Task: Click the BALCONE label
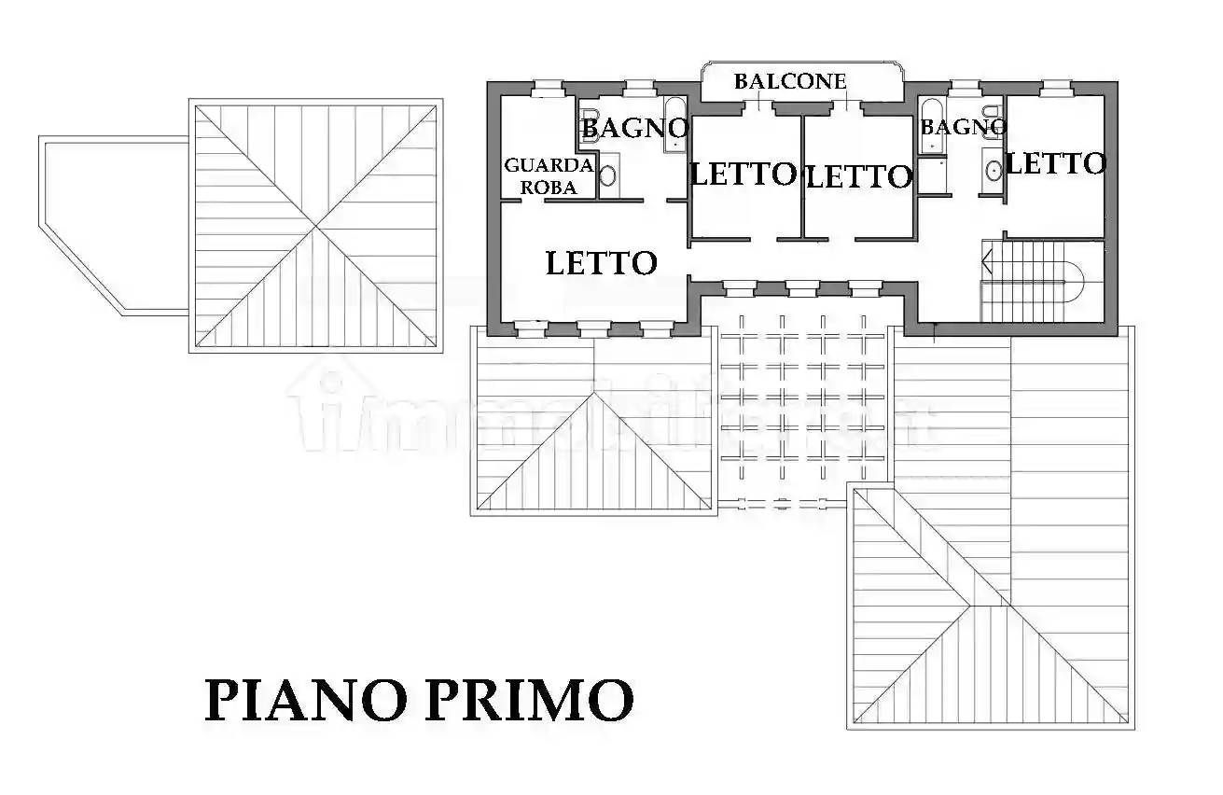(x=790, y=81)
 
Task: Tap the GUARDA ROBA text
(x=549, y=176)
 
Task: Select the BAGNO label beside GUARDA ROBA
(x=635, y=127)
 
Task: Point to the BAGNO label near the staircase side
(x=964, y=127)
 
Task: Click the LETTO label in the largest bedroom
(x=601, y=263)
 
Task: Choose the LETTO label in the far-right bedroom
(x=1055, y=164)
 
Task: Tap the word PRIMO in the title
(x=530, y=700)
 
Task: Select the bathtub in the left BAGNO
(x=674, y=123)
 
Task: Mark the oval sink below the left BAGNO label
(x=608, y=175)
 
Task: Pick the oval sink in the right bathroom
(x=994, y=170)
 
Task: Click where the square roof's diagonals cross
(x=315, y=227)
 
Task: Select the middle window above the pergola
(x=801, y=288)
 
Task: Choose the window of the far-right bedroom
(x=1055, y=89)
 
